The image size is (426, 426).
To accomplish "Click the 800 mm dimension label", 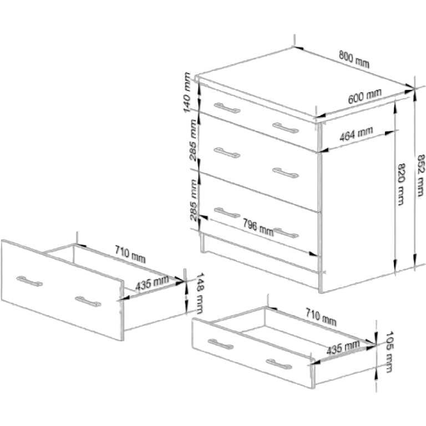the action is click(354, 59).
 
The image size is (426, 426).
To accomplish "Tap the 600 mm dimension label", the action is click(364, 96).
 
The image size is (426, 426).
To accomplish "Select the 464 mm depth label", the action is click(356, 134).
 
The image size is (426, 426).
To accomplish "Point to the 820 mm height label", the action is click(401, 184).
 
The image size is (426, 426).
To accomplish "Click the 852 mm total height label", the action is click(420, 175).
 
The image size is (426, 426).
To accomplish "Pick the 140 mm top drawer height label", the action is click(187, 93).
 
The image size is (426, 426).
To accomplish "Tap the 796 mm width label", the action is click(258, 227).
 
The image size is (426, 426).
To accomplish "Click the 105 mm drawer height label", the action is click(389, 352).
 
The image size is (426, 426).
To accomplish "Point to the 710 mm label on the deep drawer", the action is click(130, 253).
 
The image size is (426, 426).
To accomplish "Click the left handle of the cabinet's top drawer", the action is click(227, 108).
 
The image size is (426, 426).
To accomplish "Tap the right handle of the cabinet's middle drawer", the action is click(286, 173).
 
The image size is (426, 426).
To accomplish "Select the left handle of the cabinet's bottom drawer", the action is click(227, 212).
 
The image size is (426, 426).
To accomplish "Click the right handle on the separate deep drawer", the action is click(88, 302).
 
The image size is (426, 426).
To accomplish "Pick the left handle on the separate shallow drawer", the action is click(221, 344).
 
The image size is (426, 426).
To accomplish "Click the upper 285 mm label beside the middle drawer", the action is click(193, 140).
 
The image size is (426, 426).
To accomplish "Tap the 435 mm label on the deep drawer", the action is click(152, 283).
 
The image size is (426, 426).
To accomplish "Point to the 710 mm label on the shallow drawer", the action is click(321, 317).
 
